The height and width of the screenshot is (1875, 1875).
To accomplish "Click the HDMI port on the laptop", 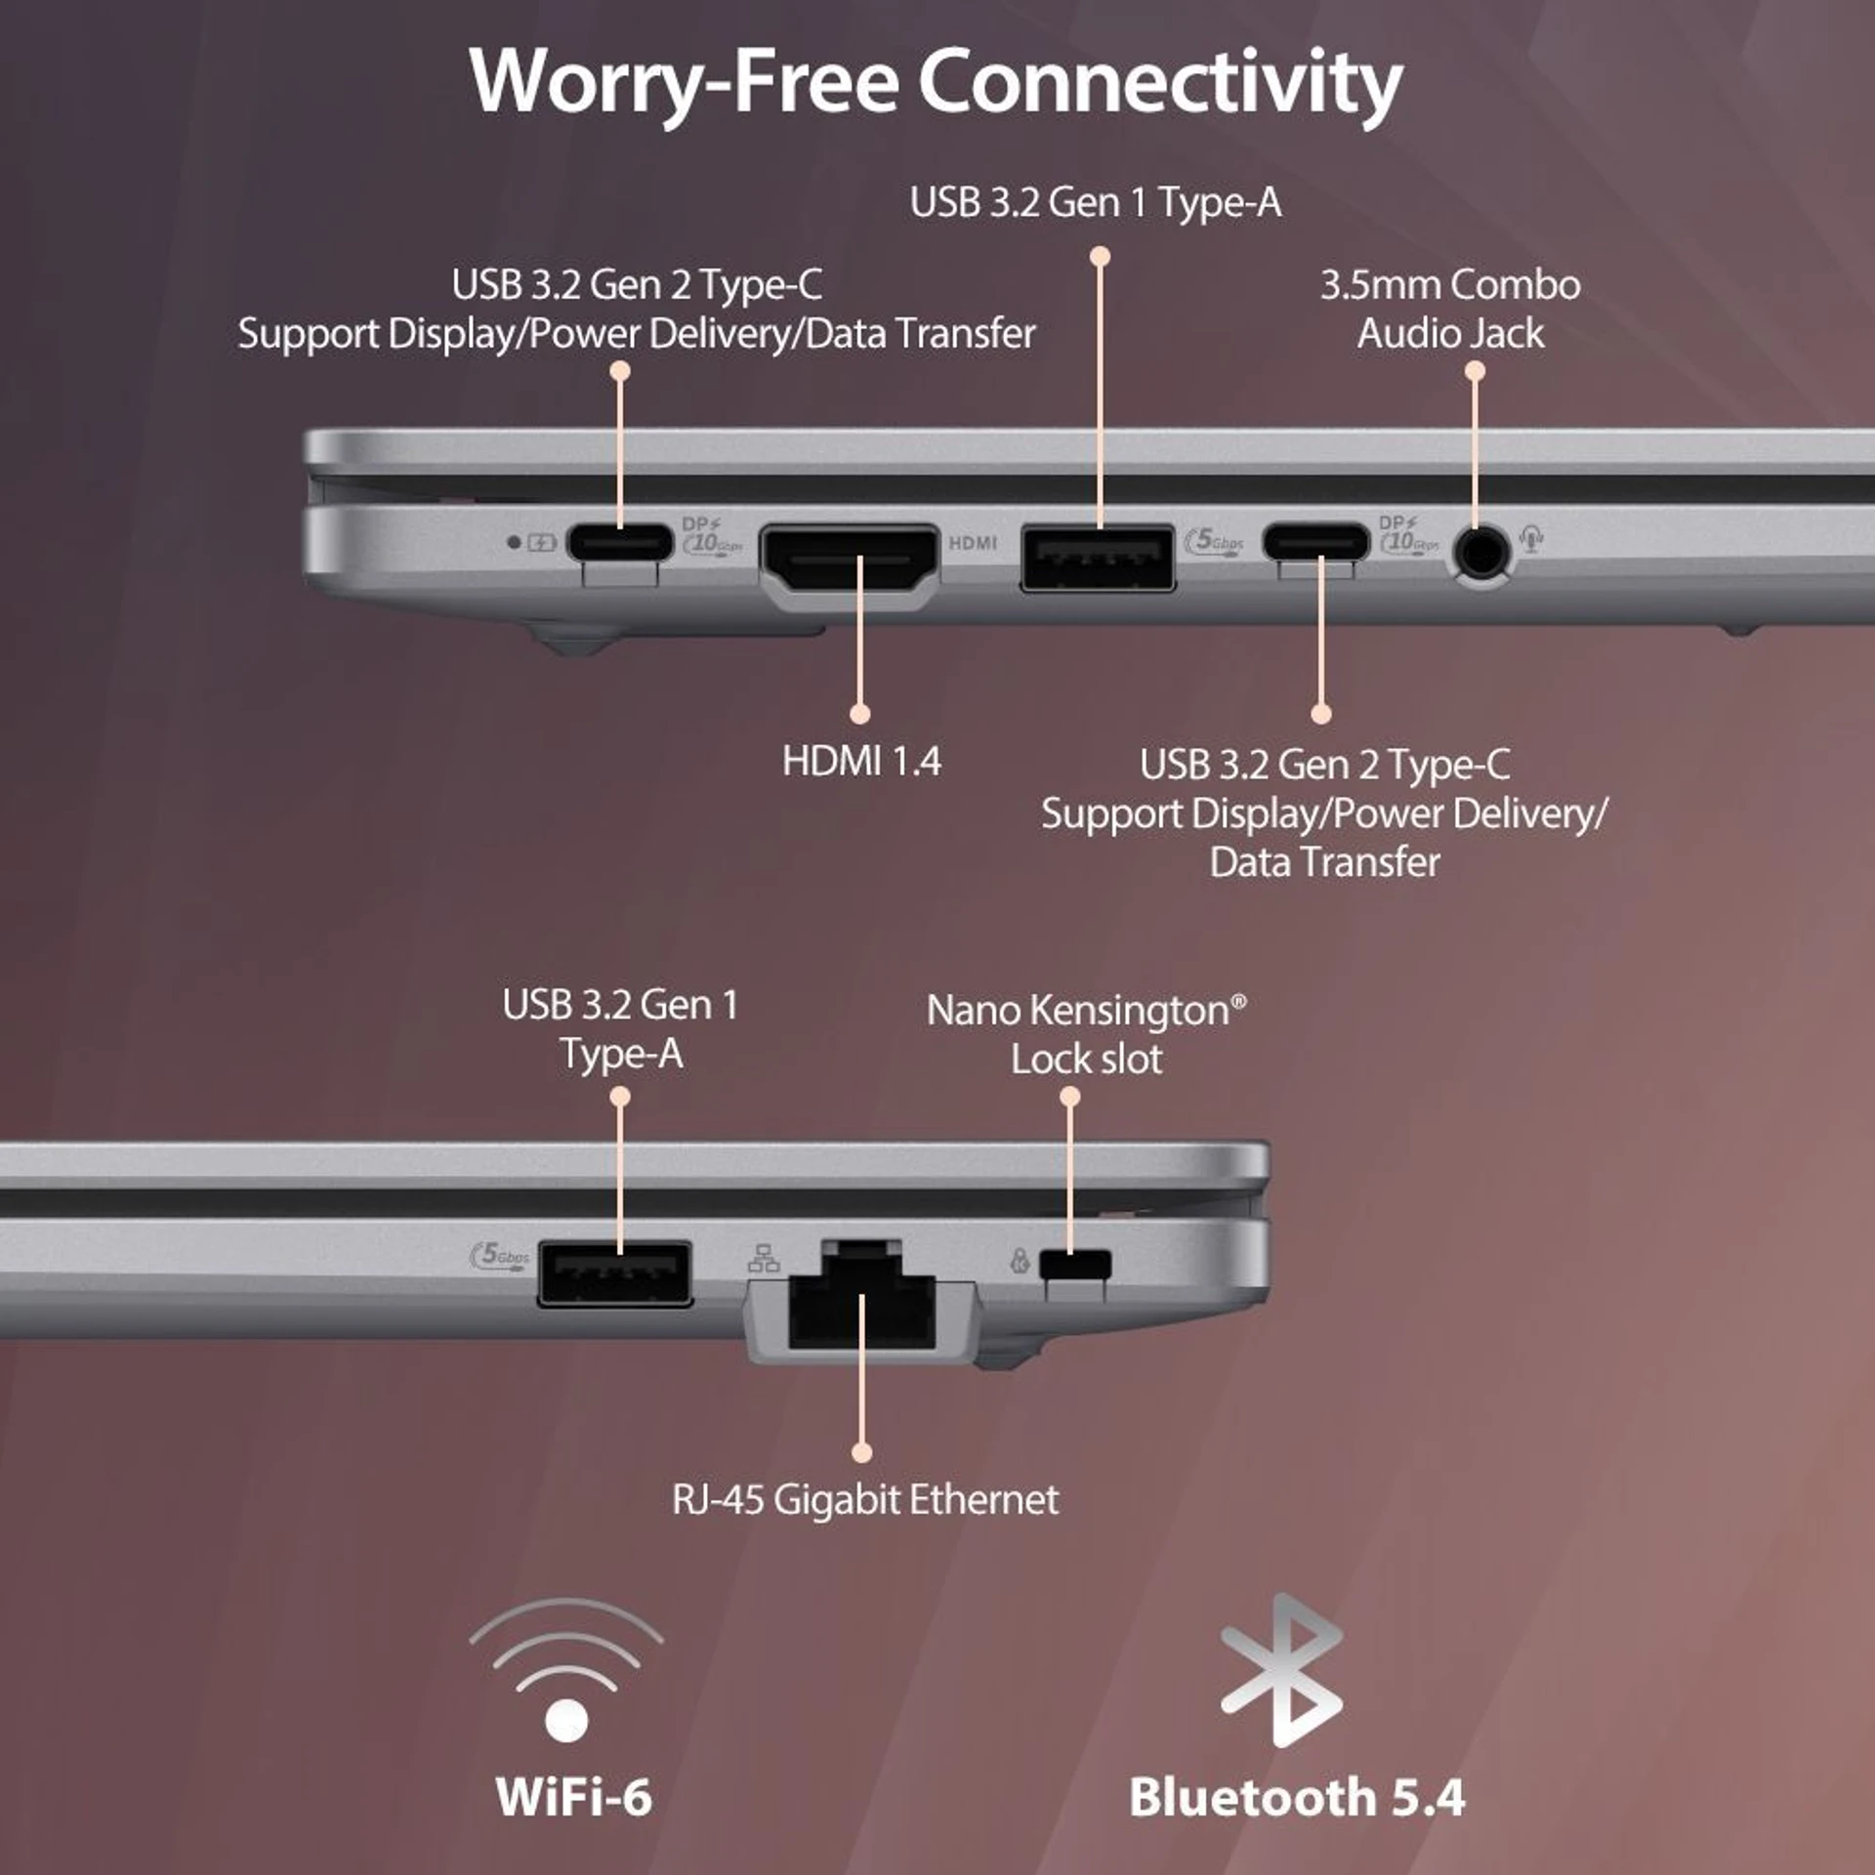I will pyautogui.click(x=850, y=567).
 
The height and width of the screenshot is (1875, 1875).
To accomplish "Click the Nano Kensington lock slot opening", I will pyautogui.click(x=1075, y=1264).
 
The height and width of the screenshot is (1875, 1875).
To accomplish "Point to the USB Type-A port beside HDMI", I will pyautogui.click(x=1098, y=559).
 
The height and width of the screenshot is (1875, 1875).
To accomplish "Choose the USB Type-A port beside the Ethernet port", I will pyautogui.click(x=615, y=1272).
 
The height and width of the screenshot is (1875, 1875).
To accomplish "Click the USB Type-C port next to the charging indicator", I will pyautogui.click(x=620, y=542).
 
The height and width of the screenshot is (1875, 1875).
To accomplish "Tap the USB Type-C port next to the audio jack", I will pyautogui.click(x=1316, y=542).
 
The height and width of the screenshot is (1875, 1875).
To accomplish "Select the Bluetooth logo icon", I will pyautogui.click(x=1282, y=1671).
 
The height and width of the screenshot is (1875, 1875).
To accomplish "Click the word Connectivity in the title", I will pyautogui.click(x=1159, y=83).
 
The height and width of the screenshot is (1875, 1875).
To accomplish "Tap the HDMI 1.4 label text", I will pyautogui.click(x=861, y=762).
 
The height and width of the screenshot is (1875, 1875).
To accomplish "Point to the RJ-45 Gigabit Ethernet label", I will pyautogui.click(x=865, y=1500).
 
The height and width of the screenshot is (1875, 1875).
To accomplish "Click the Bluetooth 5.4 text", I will pyautogui.click(x=1297, y=1798).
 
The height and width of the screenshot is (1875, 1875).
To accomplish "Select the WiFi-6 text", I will pyautogui.click(x=573, y=1798).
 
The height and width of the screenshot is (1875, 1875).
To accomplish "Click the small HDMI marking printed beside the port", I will pyautogui.click(x=973, y=543).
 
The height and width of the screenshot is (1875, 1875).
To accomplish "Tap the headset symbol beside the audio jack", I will pyautogui.click(x=1531, y=538).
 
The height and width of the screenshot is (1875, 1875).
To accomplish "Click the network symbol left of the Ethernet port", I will pyautogui.click(x=764, y=1259).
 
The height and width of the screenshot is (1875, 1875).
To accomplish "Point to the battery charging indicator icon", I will pyautogui.click(x=542, y=541).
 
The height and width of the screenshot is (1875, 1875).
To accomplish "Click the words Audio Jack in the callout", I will pyautogui.click(x=1450, y=334).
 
